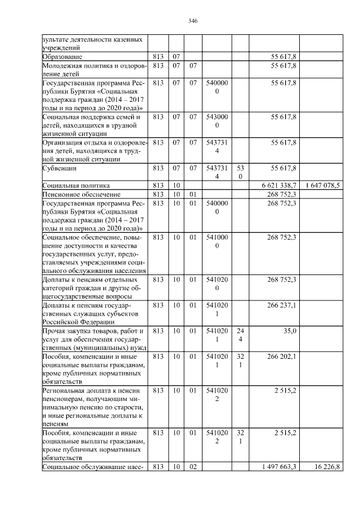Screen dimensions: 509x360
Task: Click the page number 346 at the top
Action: [192, 21]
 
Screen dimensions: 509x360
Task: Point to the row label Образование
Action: [62, 57]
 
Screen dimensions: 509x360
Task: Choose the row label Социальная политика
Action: [76, 185]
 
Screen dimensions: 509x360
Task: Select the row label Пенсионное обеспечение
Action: [79, 194]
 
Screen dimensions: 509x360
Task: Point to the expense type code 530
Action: [240, 172]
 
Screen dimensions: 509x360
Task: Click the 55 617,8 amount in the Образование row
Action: [283, 57]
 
